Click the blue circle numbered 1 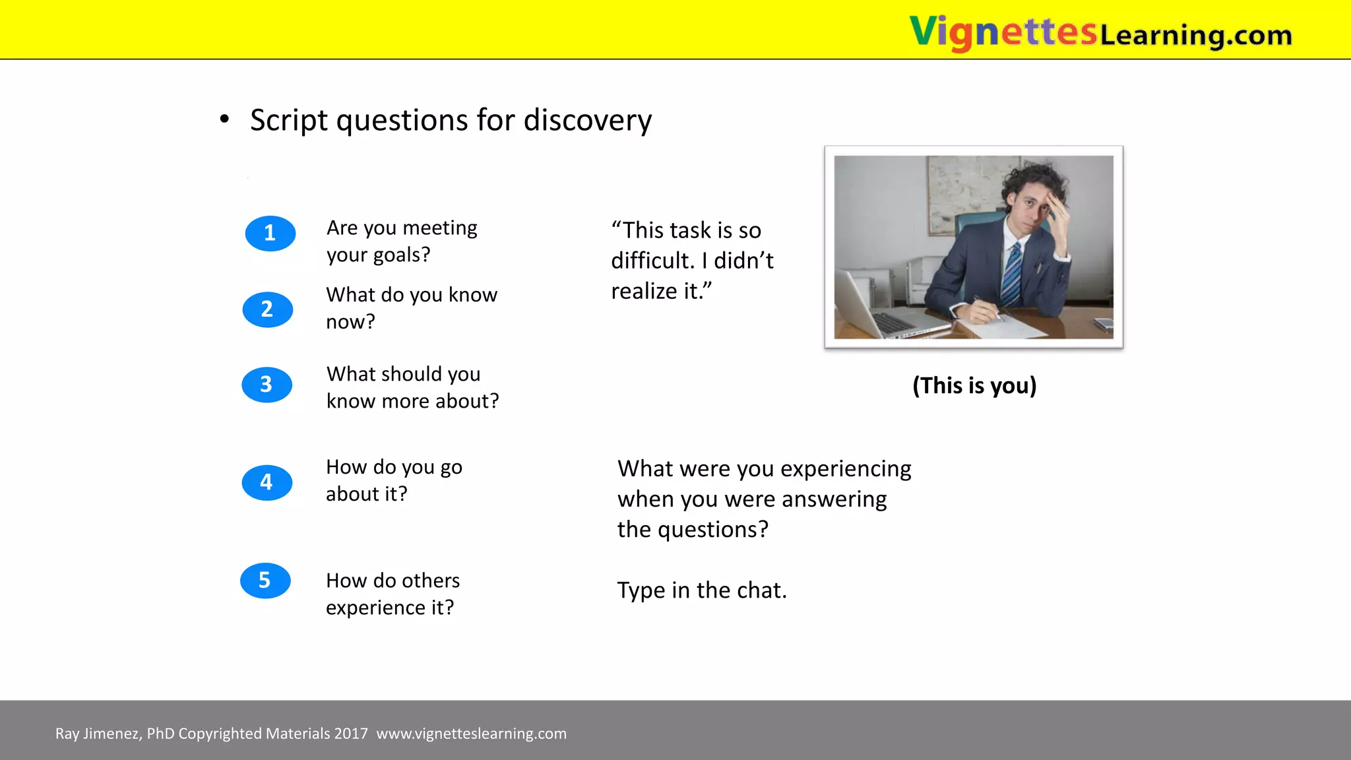[270, 233]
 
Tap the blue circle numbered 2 [267, 309]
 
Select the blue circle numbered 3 [267, 385]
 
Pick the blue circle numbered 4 [267, 482]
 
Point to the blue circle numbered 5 [265, 581]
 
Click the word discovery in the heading [587, 121]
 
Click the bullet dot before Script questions [225, 119]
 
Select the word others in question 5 [430, 581]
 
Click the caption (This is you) [974, 385]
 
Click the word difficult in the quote [652, 261]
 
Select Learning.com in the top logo [1195, 35]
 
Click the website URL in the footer [471, 734]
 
